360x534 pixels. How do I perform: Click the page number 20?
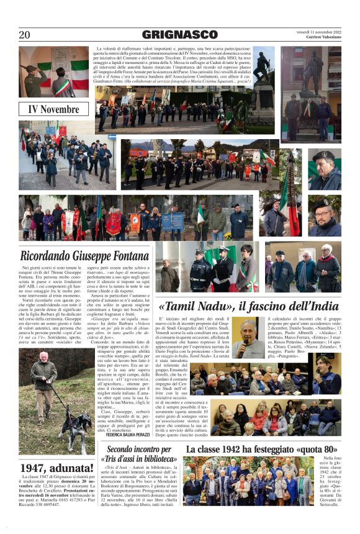pos(24,35)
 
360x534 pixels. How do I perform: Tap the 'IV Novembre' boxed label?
pos(54,110)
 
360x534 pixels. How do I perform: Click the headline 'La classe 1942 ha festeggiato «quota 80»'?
pos(261,449)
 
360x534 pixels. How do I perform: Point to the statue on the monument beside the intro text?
pos(263,65)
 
